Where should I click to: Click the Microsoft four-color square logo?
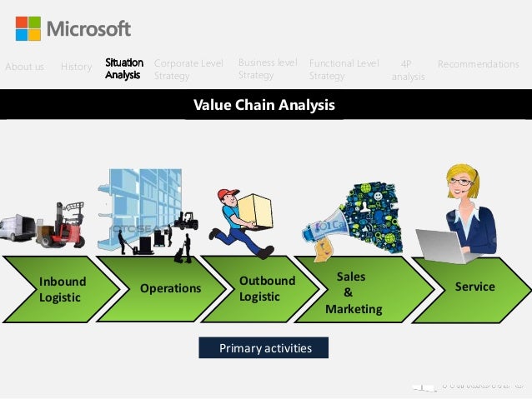[28, 28]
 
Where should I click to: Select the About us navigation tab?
[24, 66]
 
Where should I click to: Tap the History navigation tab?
[76, 66]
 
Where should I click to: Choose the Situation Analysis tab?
[123, 68]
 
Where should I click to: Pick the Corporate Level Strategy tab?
[188, 68]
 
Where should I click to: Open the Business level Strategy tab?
[268, 68]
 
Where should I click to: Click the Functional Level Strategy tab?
[344, 69]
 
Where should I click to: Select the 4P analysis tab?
[408, 70]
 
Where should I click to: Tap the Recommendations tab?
[478, 64]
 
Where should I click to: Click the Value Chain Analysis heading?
[264, 106]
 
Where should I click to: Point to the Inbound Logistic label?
[62, 288]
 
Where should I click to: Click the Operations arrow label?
[170, 288]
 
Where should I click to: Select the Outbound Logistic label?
[267, 288]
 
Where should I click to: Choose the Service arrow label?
[474, 287]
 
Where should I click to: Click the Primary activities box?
[263, 347]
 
